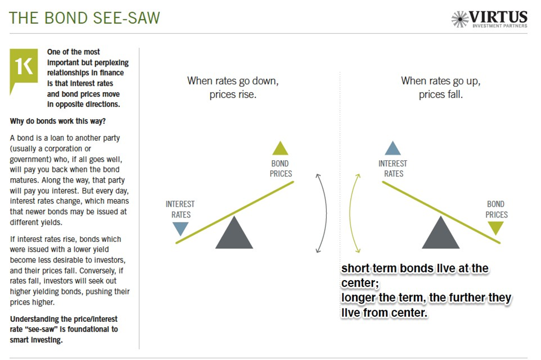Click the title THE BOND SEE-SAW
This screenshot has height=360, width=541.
[84, 18]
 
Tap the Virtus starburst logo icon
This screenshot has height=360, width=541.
[460, 19]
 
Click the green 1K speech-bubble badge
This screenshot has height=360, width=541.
[23, 69]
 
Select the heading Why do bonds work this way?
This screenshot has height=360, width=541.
[58, 121]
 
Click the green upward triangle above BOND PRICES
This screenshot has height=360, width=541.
[280, 148]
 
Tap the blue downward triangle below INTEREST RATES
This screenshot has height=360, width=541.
[180, 229]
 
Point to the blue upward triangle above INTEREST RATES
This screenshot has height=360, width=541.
[393, 148]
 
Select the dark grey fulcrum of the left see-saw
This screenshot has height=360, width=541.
[234, 232]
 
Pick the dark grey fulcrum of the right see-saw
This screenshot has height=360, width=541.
[441, 232]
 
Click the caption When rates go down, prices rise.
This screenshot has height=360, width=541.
[233, 87]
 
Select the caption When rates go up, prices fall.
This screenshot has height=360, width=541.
[441, 87]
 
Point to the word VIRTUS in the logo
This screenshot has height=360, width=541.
[498, 17]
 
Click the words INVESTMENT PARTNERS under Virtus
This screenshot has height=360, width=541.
[500, 26]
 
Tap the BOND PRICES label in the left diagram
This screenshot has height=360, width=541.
[281, 169]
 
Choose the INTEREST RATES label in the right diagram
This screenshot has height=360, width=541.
[393, 169]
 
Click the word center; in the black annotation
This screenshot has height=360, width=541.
[360, 283]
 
